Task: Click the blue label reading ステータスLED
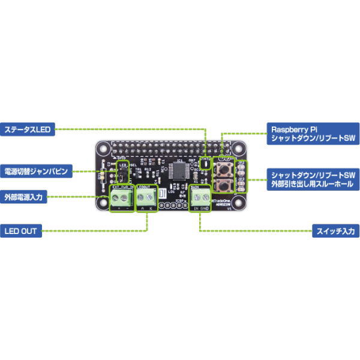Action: (27, 129)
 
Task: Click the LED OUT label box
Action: (21, 231)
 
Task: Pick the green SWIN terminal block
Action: (200, 200)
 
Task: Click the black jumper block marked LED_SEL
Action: (123, 175)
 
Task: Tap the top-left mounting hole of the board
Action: (105, 148)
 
